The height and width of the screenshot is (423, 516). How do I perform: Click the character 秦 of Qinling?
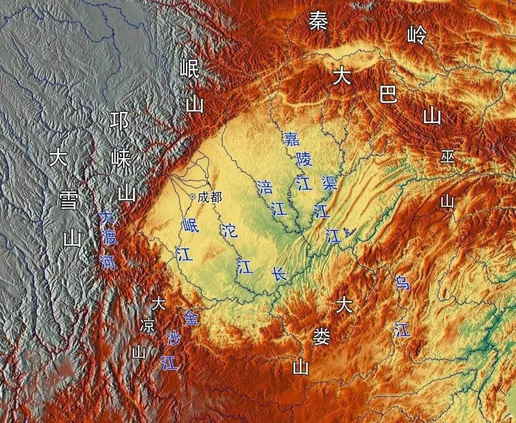(318, 22)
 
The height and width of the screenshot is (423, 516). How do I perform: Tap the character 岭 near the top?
(416, 35)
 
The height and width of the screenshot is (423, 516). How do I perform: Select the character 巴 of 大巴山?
(388, 94)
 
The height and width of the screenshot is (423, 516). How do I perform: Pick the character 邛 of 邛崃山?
(121, 121)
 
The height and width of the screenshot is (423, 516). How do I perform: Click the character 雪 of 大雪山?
(68, 202)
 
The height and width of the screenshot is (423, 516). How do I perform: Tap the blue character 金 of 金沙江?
(191, 317)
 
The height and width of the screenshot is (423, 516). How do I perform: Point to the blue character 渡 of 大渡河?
(109, 239)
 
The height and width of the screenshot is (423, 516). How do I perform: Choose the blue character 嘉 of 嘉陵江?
(292, 138)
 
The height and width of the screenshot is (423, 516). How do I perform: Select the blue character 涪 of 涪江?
(265, 187)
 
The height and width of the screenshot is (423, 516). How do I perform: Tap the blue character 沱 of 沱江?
(228, 230)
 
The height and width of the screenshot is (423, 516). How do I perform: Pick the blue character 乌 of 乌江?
(402, 283)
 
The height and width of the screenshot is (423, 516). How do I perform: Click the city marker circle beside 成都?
(192, 197)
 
